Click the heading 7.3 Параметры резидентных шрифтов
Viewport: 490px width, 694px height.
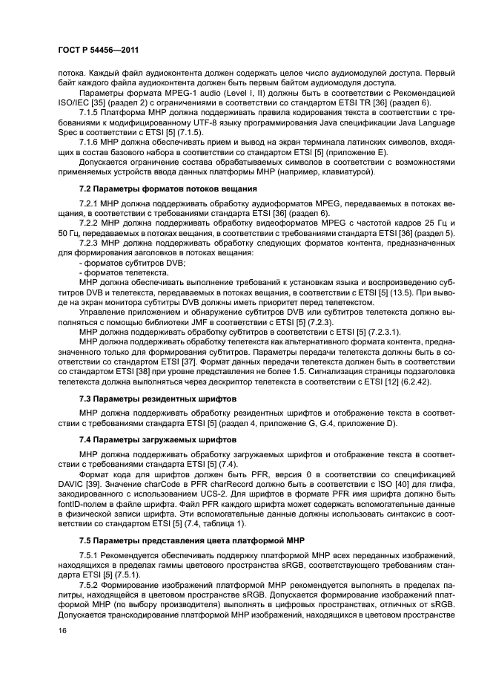pyautogui.click(x=148, y=398)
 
